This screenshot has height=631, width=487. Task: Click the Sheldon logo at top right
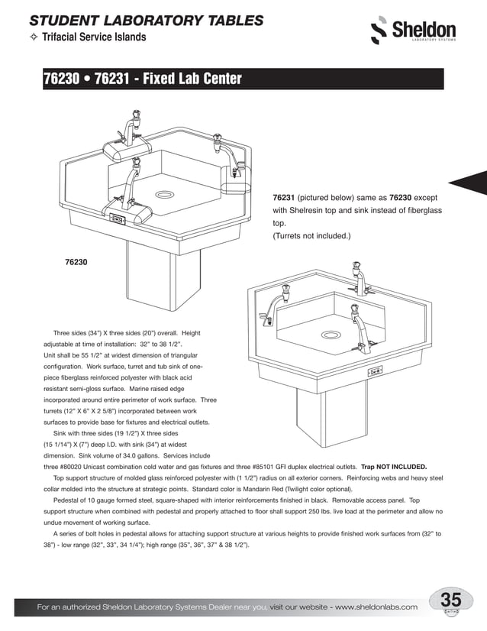(413, 31)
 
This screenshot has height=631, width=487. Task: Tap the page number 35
(451, 600)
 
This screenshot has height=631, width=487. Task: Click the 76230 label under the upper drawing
(76, 262)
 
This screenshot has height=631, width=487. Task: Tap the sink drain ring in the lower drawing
(331, 335)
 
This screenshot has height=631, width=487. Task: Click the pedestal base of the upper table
(152, 275)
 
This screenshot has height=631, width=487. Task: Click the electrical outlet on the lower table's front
(376, 372)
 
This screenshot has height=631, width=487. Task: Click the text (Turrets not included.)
(311, 236)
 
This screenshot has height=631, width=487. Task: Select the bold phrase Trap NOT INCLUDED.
(394, 466)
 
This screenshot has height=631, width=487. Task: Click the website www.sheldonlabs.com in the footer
(376, 607)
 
